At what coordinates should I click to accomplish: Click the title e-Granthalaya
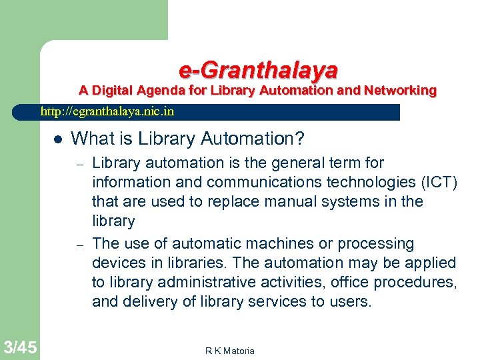[258, 69]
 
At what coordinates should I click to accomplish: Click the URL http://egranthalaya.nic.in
[107, 112]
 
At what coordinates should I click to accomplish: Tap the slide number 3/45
[19, 347]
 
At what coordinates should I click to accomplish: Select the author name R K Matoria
[230, 351]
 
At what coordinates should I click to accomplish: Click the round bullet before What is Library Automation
[57, 139]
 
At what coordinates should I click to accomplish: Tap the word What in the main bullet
[90, 139]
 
